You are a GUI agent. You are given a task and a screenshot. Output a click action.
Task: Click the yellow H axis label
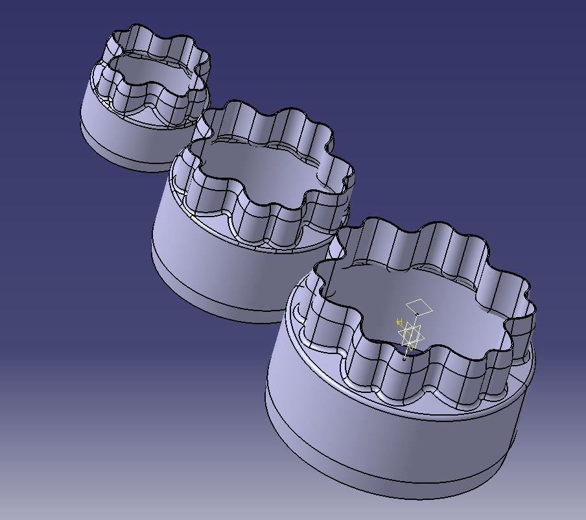[x=400, y=322]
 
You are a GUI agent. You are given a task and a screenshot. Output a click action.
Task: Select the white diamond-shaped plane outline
[x=419, y=305]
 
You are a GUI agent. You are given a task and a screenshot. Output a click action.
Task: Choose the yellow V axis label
[x=410, y=348]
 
